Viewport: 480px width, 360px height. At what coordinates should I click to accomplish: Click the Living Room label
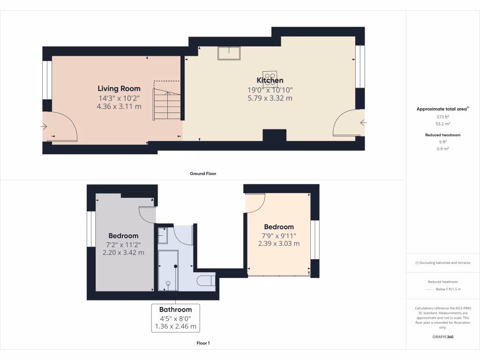pos(119,88)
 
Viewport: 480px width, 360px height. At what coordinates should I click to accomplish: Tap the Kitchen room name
pos(270,81)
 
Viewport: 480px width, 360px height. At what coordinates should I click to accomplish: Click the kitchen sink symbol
pos(229,53)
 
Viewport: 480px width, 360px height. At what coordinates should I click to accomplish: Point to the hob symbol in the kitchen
pos(270,77)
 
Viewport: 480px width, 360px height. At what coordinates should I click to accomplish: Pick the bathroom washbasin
pos(163,235)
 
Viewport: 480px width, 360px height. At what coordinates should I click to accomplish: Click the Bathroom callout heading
pos(175,309)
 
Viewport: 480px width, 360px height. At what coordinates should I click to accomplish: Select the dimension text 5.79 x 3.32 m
pos(270,98)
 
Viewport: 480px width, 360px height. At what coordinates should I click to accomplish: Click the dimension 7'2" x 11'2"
pos(123,244)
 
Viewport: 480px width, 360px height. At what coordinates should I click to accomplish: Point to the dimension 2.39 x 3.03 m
pos(278,243)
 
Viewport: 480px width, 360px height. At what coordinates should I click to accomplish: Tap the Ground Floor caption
pos(202,173)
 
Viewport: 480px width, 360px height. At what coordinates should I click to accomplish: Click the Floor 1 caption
pos(202,343)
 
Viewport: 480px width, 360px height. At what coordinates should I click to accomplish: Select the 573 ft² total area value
pos(443,117)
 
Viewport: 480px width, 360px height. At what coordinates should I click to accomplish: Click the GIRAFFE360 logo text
pos(443,337)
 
